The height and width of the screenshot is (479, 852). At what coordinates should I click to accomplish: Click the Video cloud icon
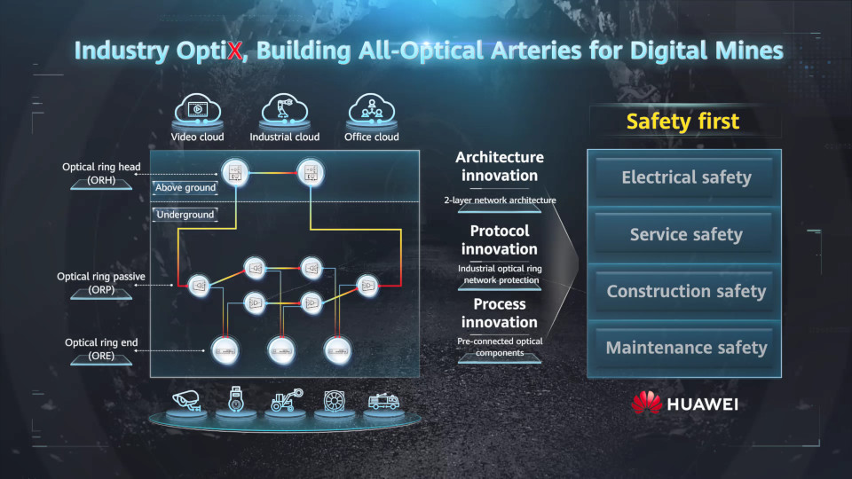click(198, 112)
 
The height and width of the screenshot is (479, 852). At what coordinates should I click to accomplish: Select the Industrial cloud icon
click(284, 112)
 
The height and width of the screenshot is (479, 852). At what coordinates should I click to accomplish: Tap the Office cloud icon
click(371, 112)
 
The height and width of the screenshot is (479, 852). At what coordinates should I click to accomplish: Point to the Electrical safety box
click(685, 177)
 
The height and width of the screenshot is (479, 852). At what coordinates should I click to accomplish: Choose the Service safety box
click(685, 234)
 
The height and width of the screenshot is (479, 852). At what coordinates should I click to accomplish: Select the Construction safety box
click(685, 291)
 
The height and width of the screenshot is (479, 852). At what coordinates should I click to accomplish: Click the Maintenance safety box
click(685, 348)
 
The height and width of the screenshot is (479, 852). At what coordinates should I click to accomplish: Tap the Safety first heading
click(682, 122)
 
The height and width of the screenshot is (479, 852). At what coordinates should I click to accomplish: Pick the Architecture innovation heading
click(500, 166)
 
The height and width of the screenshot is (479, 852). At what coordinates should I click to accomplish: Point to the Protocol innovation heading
click(500, 239)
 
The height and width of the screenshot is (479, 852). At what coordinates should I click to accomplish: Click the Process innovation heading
click(500, 312)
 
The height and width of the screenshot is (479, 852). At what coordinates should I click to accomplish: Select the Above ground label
click(185, 188)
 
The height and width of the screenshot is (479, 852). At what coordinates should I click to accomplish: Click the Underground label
click(185, 215)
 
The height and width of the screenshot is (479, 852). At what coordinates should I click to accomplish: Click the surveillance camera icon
click(187, 401)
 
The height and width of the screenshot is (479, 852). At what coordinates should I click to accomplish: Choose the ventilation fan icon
click(331, 401)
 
